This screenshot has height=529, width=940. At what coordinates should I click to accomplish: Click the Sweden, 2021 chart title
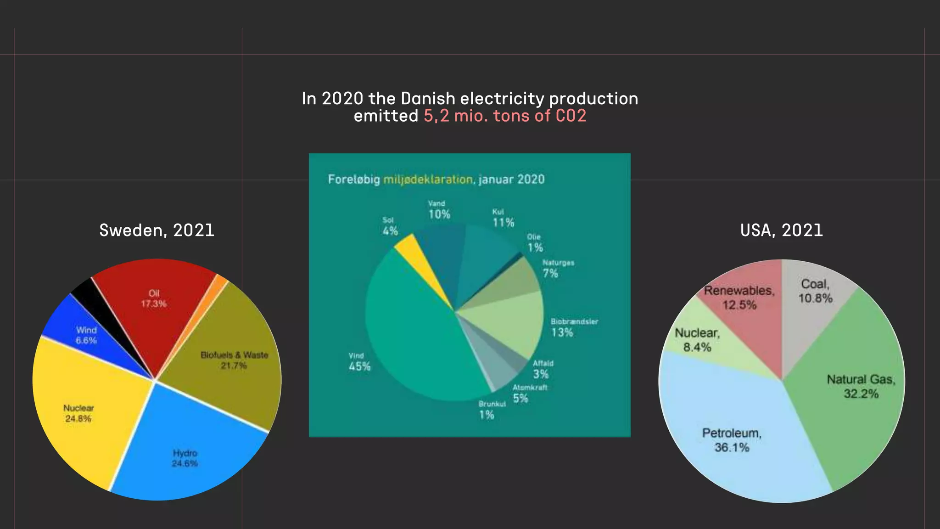point(157,230)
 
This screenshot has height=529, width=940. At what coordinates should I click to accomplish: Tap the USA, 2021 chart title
point(781,230)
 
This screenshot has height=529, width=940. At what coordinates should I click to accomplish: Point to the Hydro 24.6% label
point(185,458)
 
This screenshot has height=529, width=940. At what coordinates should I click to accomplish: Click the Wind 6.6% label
point(86,335)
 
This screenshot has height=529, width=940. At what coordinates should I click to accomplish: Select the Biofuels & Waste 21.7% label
point(234,360)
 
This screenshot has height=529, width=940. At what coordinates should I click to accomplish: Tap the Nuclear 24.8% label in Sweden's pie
point(78,413)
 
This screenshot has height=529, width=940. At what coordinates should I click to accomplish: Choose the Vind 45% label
point(359,362)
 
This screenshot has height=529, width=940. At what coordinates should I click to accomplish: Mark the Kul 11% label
point(503,218)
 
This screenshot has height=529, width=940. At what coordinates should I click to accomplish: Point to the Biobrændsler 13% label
point(574,327)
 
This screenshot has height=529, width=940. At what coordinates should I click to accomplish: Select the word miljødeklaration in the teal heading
point(427,179)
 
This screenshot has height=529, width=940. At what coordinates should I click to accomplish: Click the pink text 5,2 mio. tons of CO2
point(504,116)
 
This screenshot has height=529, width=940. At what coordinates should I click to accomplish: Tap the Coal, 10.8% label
point(815,291)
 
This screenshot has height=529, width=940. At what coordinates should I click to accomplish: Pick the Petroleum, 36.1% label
point(732,440)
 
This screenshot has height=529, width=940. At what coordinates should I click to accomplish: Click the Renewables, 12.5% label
point(739,298)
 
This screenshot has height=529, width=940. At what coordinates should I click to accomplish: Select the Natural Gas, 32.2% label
point(861,386)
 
